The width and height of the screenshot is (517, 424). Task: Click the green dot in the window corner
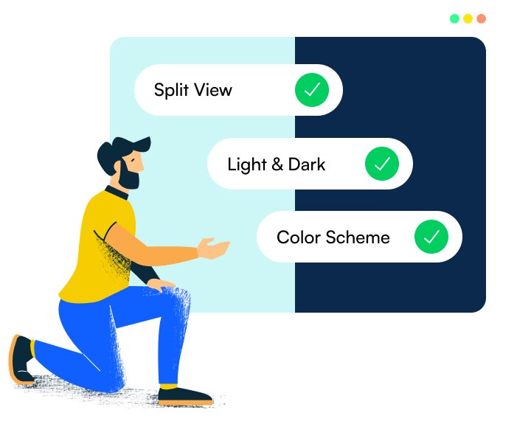[x=454, y=18]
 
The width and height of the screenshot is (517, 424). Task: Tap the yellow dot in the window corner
[x=468, y=18]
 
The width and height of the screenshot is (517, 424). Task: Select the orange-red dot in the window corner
[x=481, y=18]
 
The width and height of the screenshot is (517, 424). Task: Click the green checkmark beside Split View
[x=312, y=90]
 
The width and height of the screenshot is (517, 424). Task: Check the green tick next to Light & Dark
[x=381, y=164]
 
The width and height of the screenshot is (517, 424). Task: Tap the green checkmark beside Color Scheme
[x=431, y=237]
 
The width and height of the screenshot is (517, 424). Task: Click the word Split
[x=171, y=90]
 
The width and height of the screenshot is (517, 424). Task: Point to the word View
[x=213, y=90]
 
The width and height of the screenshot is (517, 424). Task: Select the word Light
[x=246, y=164]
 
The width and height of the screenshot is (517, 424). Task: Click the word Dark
[x=307, y=164]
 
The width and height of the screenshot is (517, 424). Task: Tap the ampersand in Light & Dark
[x=277, y=164]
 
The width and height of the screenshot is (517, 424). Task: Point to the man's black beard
[x=128, y=178]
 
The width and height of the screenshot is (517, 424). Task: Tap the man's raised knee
[x=176, y=295]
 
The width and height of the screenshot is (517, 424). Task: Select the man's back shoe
[x=20, y=359]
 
